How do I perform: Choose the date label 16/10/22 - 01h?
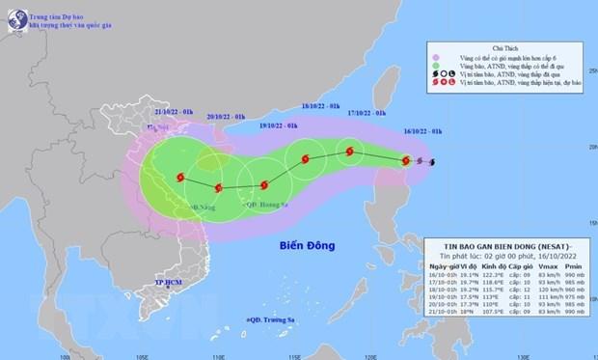[423, 129]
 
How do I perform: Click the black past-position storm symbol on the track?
[431, 162]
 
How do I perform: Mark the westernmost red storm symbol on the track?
[180, 176]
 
